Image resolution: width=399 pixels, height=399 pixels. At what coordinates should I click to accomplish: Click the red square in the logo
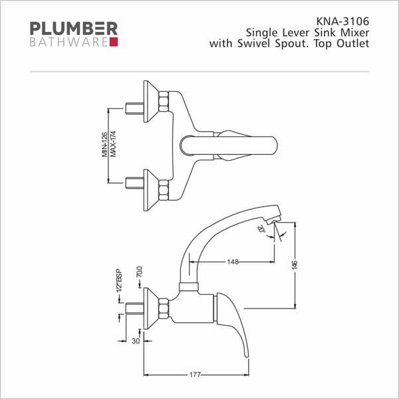114,42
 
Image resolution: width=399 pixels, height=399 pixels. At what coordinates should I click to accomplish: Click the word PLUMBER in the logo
74,28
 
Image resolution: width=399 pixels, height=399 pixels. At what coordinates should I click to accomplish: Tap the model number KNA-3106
342,21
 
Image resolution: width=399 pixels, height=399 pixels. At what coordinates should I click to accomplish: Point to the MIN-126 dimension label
104,144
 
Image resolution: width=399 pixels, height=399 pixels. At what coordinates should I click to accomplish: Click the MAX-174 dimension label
113,144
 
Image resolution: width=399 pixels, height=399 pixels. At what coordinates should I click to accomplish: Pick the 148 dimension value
233,261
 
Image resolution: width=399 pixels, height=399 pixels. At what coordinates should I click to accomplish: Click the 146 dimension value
295,265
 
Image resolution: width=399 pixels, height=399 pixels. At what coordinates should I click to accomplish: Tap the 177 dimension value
195,374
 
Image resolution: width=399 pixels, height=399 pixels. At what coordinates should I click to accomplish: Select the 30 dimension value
136,341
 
